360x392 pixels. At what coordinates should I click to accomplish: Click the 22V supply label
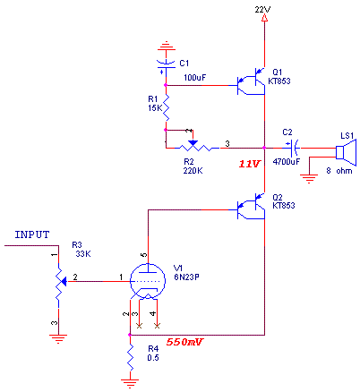click(262, 10)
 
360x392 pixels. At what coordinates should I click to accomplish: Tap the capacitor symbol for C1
click(166, 64)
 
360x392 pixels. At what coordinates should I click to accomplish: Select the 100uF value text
click(195, 78)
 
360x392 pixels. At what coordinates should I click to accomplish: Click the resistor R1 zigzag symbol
click(166, 107)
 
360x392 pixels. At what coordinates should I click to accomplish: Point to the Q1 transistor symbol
click(251, 81)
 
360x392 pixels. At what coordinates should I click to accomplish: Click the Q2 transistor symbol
click(251, 206)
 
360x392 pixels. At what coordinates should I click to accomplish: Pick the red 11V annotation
click(250, 164)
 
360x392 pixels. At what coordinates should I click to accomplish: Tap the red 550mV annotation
click(184, 342)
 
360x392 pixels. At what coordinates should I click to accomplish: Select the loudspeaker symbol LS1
click(346, 152)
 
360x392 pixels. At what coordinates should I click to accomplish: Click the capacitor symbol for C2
click(294, 148)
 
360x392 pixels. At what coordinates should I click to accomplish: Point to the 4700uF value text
click(287, 162)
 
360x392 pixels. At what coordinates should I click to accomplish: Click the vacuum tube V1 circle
click(148, 281)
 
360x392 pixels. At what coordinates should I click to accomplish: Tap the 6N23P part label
click(186, 277)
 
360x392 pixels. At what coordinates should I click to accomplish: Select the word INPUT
click(32, 234)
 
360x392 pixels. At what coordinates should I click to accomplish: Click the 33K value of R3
click(83, 254)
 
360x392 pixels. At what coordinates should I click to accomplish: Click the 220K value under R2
click(193, 171)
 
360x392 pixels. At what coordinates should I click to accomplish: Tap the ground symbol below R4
click(130, 383)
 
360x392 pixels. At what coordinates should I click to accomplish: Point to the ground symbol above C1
click(167, 46)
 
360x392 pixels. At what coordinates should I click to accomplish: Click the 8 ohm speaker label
click(339, 171)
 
